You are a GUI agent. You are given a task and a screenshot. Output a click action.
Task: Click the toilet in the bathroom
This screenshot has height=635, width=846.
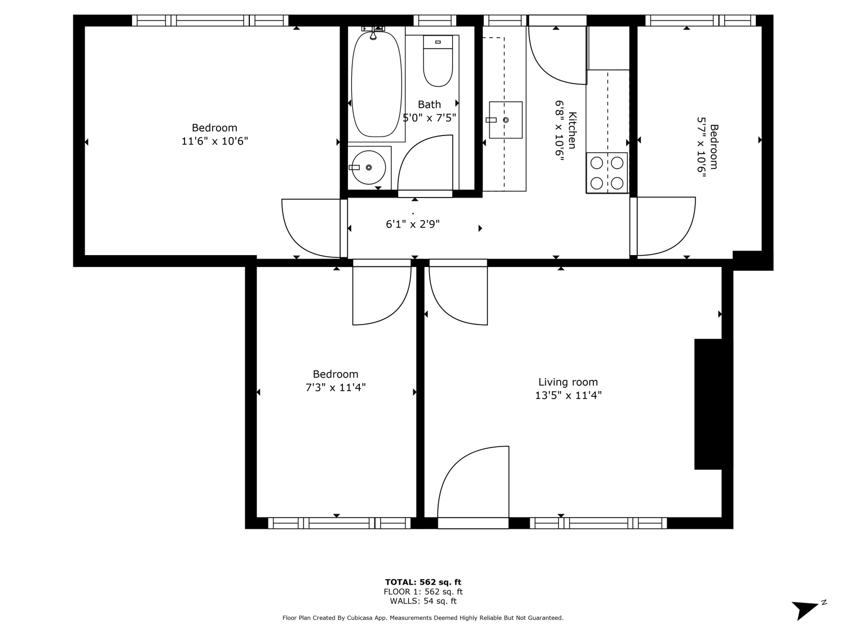click(438, 61)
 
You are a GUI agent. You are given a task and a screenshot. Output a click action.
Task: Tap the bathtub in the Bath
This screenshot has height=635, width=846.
click(376, 84)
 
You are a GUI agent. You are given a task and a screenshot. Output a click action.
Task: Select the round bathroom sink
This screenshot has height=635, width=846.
click(368, 167)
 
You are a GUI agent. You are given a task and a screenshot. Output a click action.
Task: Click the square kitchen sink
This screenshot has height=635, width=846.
click(505, 120)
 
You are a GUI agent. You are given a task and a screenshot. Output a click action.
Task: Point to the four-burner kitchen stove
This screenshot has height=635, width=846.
click(607, 173)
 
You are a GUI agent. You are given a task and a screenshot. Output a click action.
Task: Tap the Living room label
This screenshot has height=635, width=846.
click(568, 382)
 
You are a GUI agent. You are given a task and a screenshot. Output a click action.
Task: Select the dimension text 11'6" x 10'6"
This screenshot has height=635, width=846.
click(215, 141)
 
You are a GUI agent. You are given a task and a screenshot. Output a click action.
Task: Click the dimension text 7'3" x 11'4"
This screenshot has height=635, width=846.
click(336, 387)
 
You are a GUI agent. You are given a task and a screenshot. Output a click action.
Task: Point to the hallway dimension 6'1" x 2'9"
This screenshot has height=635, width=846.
click(412, 224)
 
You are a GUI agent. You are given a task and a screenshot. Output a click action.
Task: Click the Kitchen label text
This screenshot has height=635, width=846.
click(572, 130)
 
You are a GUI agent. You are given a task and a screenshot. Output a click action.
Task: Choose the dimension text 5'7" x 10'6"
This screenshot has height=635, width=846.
click(701, 147)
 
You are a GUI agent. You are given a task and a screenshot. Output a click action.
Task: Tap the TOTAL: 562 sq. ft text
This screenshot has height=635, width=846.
click(423, 582)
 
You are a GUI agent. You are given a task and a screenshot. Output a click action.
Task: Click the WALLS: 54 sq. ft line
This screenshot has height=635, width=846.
click(423, 601)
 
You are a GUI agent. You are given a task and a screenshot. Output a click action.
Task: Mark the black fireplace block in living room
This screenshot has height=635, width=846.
click(708, 404)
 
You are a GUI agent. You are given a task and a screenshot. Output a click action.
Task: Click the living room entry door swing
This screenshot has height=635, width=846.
click(473, 482)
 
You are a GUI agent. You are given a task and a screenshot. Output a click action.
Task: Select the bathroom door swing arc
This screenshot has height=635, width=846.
click(425, 163)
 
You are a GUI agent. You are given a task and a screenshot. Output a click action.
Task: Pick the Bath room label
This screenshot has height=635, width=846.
click(429, 104)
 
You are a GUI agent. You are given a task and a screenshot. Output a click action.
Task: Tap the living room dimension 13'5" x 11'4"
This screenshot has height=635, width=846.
click(568, 395)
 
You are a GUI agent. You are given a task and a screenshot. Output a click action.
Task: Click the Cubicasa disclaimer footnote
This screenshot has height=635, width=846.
click(423, 618)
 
